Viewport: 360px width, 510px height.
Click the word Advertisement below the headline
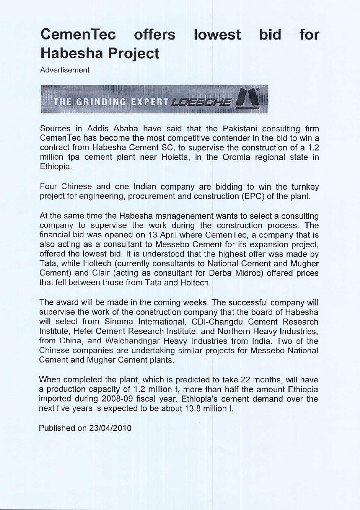[65, 70]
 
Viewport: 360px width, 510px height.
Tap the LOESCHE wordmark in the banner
[202, 102]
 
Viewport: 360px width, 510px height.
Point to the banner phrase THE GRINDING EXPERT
[111, 102]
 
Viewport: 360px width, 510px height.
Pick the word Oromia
[238, 157]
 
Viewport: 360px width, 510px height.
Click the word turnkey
[305, 187]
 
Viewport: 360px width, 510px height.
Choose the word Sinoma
[119, 322]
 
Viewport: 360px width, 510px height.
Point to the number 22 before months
[245, 380]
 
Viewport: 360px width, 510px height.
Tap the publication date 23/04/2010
[110, 428]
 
